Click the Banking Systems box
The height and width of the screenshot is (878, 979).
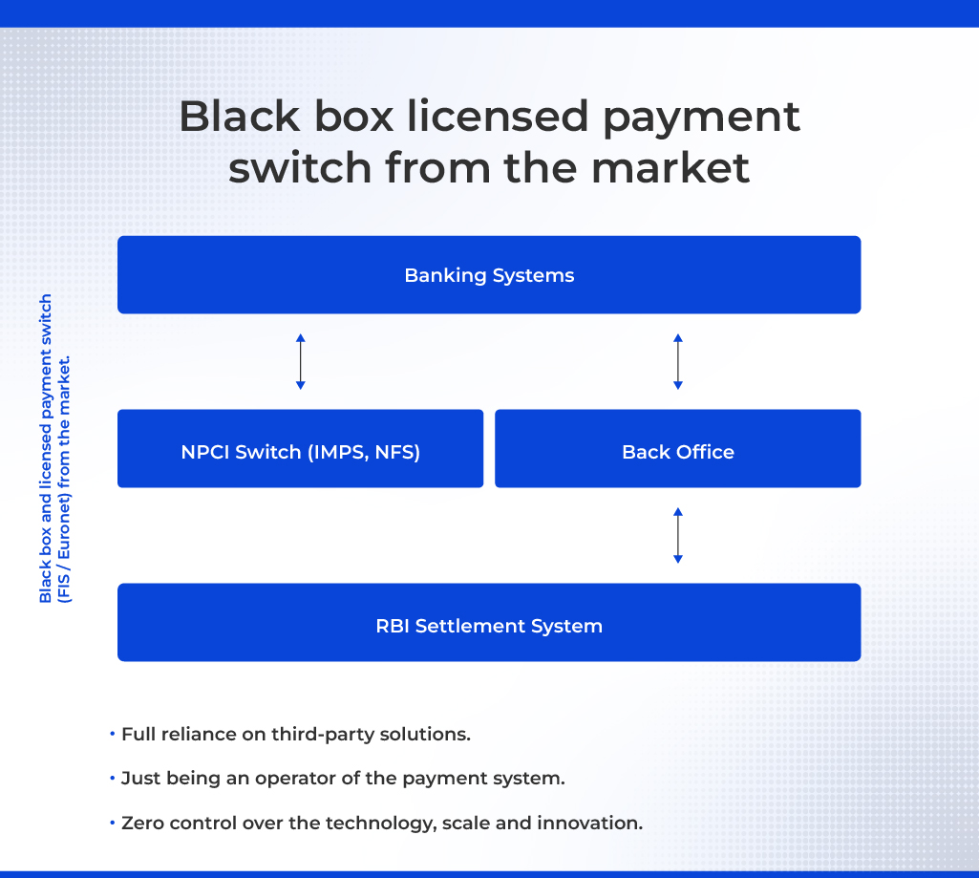[x=489, y=275]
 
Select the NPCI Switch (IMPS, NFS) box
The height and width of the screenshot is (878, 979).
[x=300, y=448]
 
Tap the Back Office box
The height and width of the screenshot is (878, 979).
[x=678, y=448]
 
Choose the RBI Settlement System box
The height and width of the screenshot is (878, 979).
[x=489, y=622]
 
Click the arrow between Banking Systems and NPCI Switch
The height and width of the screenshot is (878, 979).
[x=300, y=361]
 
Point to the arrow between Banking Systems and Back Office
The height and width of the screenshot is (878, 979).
[x=678, y=361]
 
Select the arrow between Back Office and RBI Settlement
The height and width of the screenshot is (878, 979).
[x=678, y=535]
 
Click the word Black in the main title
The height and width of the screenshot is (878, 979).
[x=239, y=117]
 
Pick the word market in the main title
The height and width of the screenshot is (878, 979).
[x=670, y=168]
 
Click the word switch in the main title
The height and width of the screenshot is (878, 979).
[x=300, y=168]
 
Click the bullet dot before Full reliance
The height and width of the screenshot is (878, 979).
[x=113, y=733]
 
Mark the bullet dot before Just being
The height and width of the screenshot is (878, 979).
[x=113, y=778]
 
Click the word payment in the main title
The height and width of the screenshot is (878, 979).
[x=701, y=118]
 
